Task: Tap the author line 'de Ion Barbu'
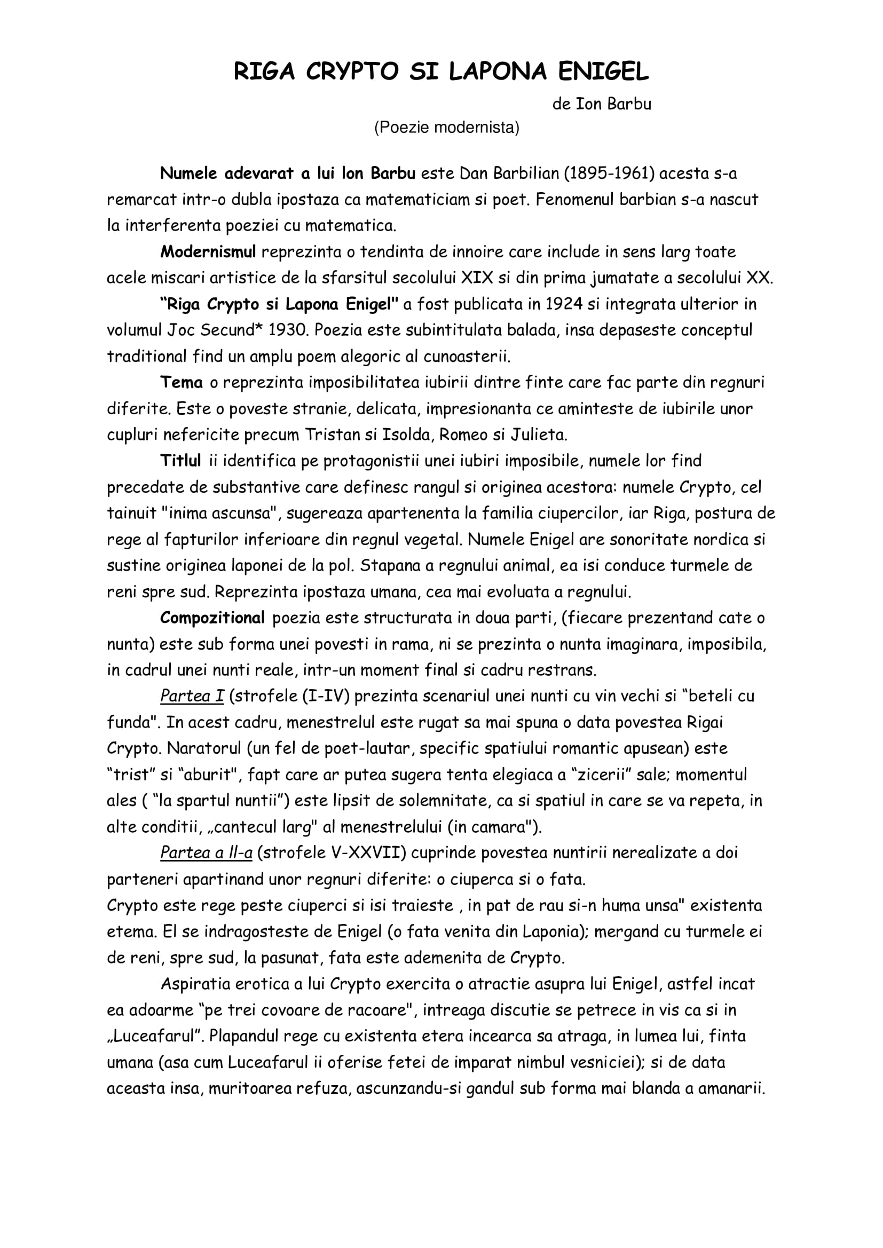point(601,104)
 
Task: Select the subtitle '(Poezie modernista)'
point(446,127)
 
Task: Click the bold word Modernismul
point(208,252)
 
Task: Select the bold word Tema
point(181,383)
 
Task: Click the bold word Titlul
point(180,461)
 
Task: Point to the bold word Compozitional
point(212,618)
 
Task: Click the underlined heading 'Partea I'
point(192,696)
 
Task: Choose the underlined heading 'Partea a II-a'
point(206,853)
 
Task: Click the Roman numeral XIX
point(477,278)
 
